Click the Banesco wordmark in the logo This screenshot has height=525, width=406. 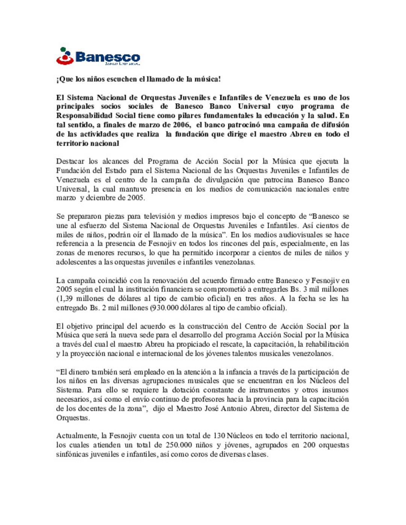pyautogui.click(x=108, y=57)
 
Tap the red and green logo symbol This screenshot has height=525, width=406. pyautogui.click(x=65, y=56)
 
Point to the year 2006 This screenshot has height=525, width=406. pyautogui.click(x=182, y=125)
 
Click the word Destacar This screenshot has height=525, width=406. pyautogui.click(x=70, y=161)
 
